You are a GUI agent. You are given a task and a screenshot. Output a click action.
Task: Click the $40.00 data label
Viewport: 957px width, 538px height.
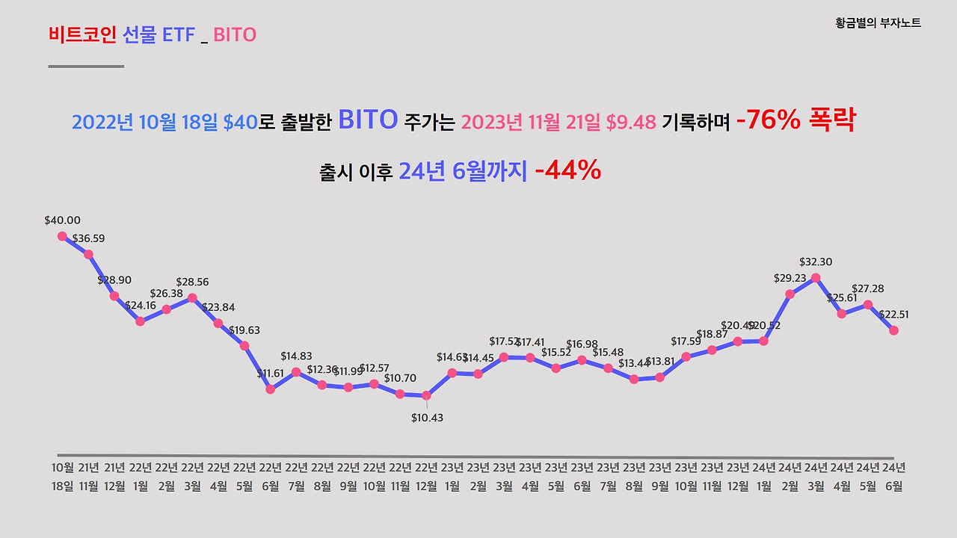coord(62,220)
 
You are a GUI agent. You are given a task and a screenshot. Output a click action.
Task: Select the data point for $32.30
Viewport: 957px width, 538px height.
coord(816,277)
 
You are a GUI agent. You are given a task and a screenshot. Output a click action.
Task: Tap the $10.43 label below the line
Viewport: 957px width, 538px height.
coord(427,418)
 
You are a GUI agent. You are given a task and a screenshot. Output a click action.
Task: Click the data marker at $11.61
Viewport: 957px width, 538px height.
coord(271,389)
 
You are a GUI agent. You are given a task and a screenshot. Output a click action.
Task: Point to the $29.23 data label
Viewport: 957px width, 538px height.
coord(790,277)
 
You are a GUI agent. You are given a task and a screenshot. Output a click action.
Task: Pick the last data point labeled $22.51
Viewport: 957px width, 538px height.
coord(893,330)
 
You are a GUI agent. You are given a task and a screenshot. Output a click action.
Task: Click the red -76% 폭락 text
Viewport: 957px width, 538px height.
coord(796,121)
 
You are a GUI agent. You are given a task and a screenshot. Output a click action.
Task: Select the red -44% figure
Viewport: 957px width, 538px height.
coord(567,171)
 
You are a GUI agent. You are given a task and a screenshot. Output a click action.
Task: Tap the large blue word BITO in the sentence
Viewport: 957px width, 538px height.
coord(367,120)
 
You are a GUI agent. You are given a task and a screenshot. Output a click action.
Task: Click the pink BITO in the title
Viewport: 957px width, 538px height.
coord(235,34)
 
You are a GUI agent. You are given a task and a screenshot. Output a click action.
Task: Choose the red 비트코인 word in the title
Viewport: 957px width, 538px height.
coord(81,34)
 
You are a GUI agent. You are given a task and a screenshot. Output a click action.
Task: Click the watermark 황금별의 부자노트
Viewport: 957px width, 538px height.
coord(878,23)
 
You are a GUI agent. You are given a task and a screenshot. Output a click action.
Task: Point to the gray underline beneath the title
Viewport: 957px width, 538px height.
coord(86,67)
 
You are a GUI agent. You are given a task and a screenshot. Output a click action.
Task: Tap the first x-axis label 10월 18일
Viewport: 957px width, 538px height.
coord(63,477)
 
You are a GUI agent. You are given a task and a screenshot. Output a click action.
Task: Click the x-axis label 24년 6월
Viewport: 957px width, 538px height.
coord(893,477)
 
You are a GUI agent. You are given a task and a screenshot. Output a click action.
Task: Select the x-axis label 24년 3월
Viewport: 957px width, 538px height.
coord(816,477)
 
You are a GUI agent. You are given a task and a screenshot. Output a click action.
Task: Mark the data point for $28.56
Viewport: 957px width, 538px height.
coord(192,297)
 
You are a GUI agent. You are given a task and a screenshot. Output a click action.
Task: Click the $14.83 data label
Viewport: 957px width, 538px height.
coord(296,356)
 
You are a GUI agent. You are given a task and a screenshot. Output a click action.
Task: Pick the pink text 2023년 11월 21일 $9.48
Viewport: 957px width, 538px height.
coord(558,122)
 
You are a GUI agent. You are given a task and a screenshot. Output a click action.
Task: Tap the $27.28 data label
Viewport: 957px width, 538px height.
coord(867,288)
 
